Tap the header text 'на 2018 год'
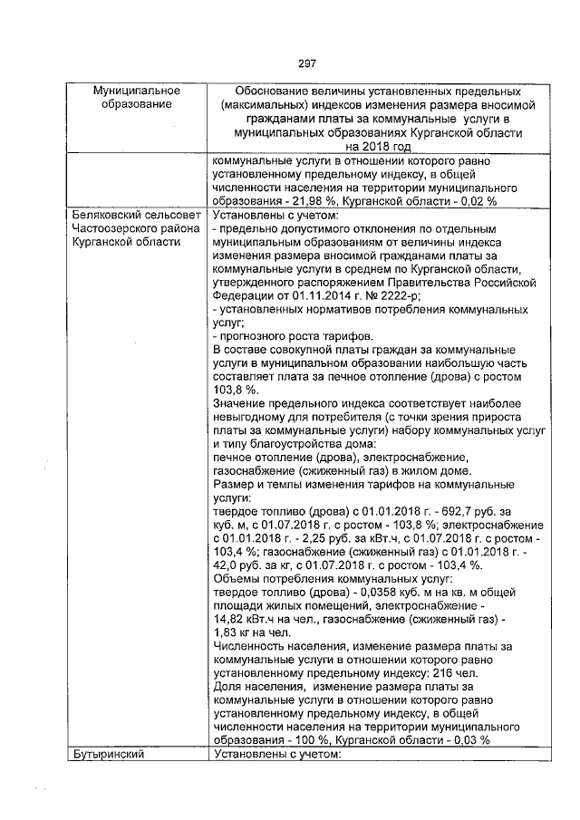[x=377, y=145]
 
